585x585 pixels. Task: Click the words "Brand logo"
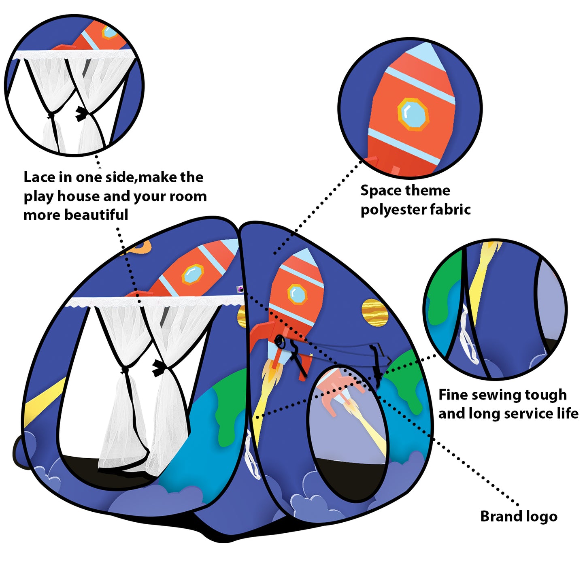519,517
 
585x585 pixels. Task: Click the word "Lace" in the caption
39,177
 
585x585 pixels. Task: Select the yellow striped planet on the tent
374,313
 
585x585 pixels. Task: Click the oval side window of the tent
347,433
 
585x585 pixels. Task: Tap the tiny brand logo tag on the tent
240,289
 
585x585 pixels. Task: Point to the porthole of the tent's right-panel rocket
298,294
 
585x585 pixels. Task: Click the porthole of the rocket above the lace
192,274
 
